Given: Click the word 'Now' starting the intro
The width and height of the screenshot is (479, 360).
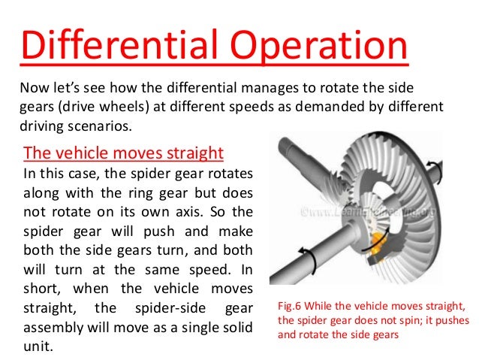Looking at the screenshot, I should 33,87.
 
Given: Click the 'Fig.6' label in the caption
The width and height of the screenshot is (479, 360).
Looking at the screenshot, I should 291,307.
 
